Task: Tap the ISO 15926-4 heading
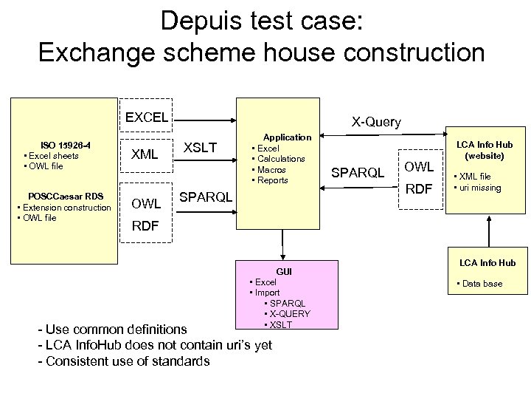pos(65,145)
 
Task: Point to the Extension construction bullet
pos(66,207)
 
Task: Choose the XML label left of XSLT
pos(145,154)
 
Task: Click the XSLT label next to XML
pos(200,148)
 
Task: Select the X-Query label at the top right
pos(376,122)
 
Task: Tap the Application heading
pos(288,137)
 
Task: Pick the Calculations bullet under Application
pos(281,159)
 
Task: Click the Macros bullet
pos(272,170)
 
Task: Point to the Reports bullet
pos(273,180)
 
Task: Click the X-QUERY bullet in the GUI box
pos(289,314)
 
